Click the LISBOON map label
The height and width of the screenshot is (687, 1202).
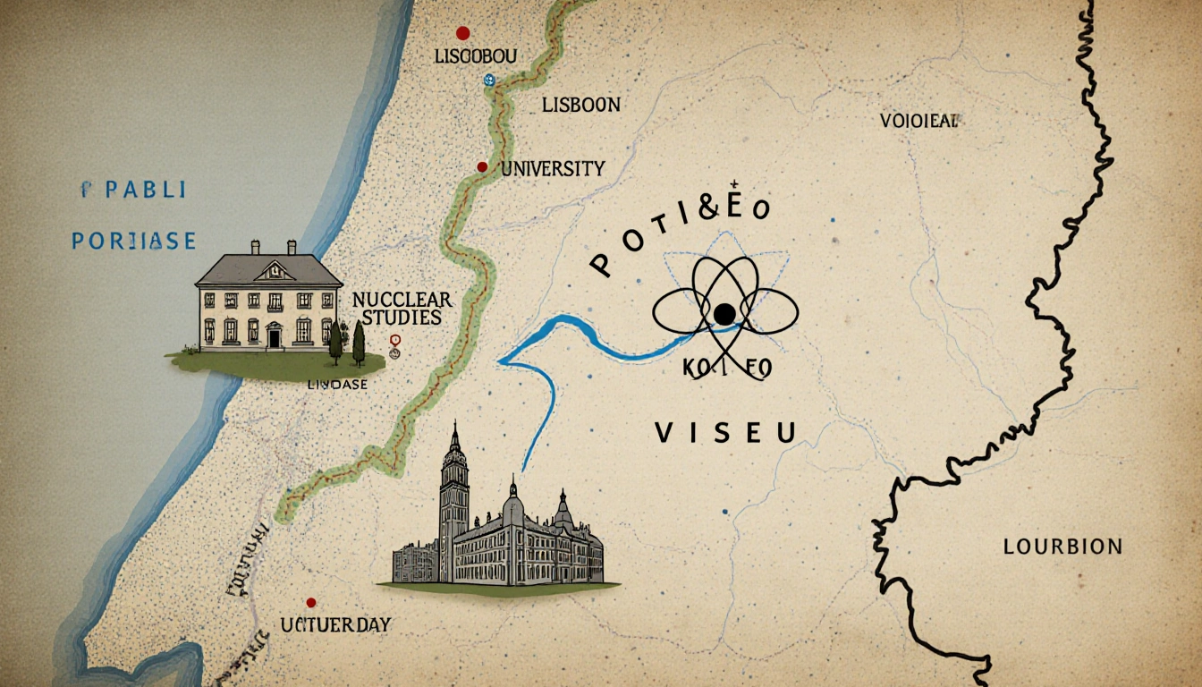pos(580,105)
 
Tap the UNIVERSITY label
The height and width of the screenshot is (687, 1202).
pos(552,168)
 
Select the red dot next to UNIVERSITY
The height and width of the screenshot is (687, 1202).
pos(482,166)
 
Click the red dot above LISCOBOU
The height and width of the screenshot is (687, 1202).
pos(462,33)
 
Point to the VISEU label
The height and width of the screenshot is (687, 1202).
pos(725,434)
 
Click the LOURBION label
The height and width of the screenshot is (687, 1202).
pos(1062,546)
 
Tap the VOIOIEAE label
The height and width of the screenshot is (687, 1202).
pos(918,123)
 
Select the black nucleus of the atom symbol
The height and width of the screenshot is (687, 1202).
pos(724,312)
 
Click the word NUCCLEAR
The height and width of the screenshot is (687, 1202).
pos(402,299)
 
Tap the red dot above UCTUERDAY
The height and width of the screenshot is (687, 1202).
pos(311,603)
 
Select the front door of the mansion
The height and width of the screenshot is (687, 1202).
pos(274,336)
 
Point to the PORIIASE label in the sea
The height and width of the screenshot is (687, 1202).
pos(134,241)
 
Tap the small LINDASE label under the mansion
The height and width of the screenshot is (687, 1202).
pos(337,384)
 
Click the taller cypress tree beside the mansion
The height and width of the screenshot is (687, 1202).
pos(359,342)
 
